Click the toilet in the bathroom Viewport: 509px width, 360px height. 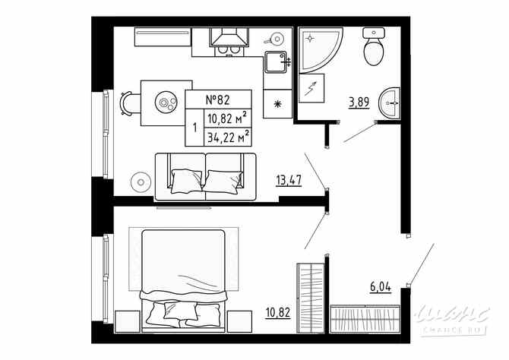pos(373,49)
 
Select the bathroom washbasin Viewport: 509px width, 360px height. pos(390,103)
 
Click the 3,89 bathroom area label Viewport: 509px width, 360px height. pos(359,102)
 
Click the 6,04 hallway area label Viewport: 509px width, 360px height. pos(380,286)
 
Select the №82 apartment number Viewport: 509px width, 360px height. pos(217,99)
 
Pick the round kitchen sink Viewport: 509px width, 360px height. pos(277,37)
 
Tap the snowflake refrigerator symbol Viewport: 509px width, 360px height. pos(277,103)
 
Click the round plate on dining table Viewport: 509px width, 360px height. pos(166,100)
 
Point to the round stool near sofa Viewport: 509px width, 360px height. pos(139,182)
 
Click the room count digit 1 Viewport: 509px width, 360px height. pos(194,128)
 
